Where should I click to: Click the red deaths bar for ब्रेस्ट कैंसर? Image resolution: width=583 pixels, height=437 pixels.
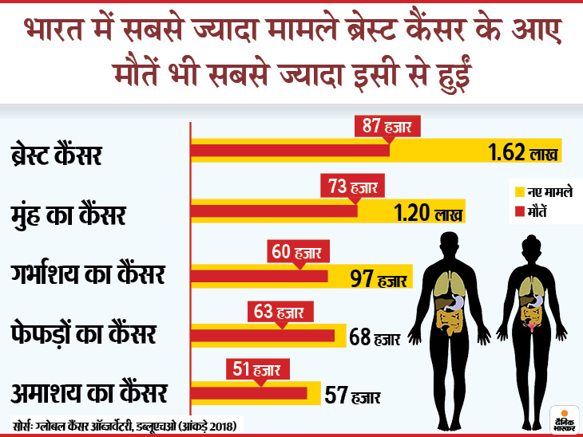pos(289,150)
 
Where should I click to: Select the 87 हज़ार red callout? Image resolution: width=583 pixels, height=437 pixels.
pos(388,125)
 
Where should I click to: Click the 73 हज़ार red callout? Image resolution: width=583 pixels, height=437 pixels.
pos(355,187)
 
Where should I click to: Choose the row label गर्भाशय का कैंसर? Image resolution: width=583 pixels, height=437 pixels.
pos(88,276)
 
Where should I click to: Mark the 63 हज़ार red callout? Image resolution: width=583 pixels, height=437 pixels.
pos(280,310)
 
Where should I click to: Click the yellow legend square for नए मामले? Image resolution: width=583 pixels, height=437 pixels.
pos(518,191)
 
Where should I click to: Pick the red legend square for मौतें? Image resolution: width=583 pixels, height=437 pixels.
pos(518,209)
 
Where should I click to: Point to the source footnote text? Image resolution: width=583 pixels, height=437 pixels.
pos(128,423)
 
